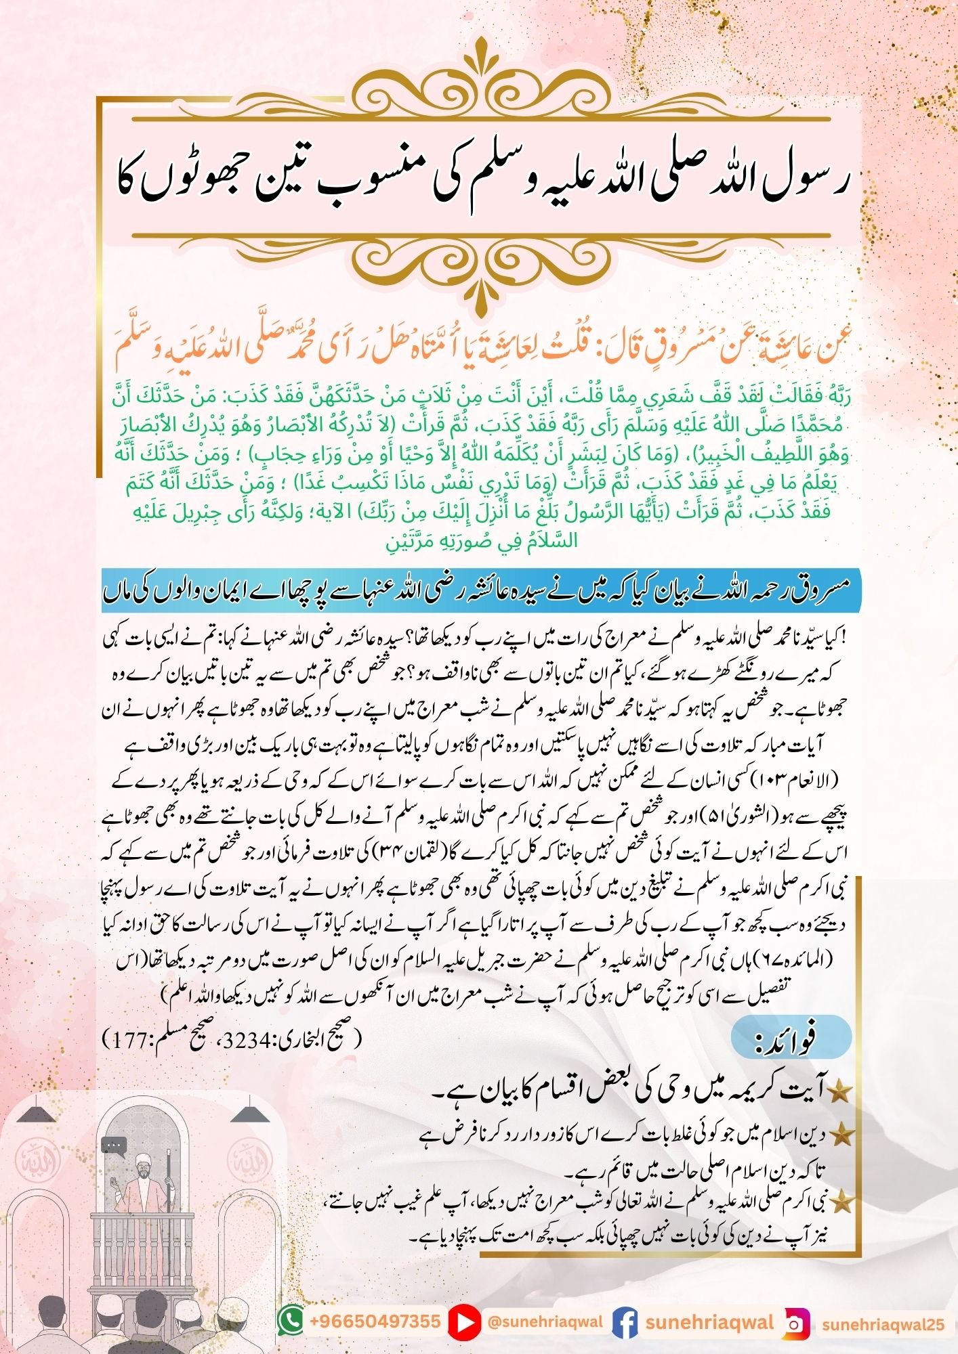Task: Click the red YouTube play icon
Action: (463, 1321)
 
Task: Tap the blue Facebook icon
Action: (624, 1321)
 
